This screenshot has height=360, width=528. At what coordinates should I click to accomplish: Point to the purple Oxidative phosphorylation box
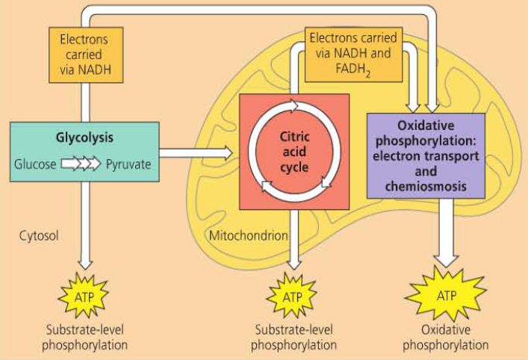click(x=426, y=155)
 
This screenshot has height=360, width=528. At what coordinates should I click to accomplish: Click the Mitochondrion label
click(x=249, y=236)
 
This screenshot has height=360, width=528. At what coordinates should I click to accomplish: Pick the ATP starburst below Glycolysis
click(x=84, y=296)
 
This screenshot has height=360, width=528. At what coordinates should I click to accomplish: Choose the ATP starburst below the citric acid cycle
click(x=293, y=297)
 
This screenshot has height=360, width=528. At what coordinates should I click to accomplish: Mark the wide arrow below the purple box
click(x=447, y=233)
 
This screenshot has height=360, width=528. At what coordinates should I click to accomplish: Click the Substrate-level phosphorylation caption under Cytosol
click(x=84, y=337)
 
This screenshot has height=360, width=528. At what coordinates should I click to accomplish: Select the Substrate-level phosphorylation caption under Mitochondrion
click(x=293, y=337)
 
